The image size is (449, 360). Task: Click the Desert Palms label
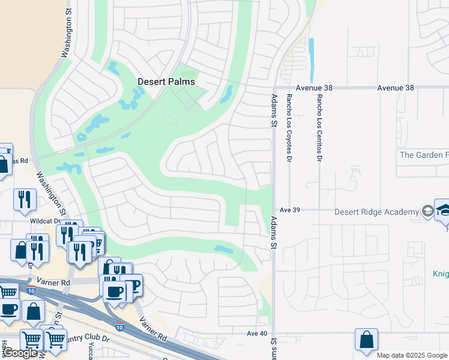pos(166,82)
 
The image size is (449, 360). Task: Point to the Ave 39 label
pos(290,211)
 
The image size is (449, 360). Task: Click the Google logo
pos(20,353)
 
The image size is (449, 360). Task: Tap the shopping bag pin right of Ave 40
pos(366,340)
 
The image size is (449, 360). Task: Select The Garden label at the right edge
pos(424,155)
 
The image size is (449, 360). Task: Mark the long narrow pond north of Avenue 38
pos(311,61)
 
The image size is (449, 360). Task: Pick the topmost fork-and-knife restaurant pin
pos(25,199)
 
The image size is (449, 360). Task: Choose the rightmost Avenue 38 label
pos(396,88)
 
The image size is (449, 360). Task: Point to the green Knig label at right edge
pos(441,273)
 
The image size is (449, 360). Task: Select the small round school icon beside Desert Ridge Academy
pos(427,211)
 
